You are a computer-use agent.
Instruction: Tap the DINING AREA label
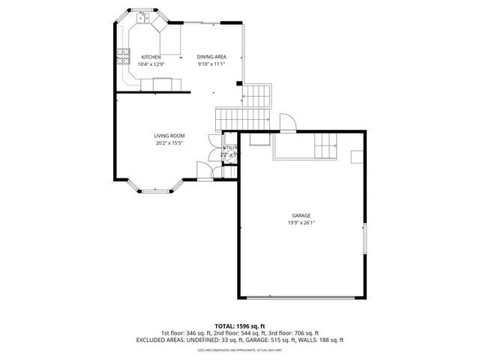coord(211,57)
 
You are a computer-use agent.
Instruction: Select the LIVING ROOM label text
coord(169,136)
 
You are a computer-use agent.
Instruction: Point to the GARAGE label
coord(301,215)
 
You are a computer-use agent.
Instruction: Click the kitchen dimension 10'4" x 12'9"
coord(151,64)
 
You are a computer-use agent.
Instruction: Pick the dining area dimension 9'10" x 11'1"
coord(211,64)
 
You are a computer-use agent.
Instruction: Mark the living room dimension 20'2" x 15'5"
coord(169,142)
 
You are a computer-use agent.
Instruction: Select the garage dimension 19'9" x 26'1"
coord(301,223)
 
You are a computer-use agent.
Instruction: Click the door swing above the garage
coord(286,122)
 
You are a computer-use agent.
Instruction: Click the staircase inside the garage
coord(325,145)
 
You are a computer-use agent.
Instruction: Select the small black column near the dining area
coord(238,82)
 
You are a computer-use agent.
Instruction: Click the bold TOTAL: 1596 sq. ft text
coord(239,325)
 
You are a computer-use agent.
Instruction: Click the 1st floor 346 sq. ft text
coord(187,333)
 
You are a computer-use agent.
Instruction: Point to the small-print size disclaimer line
coord(239,349)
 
